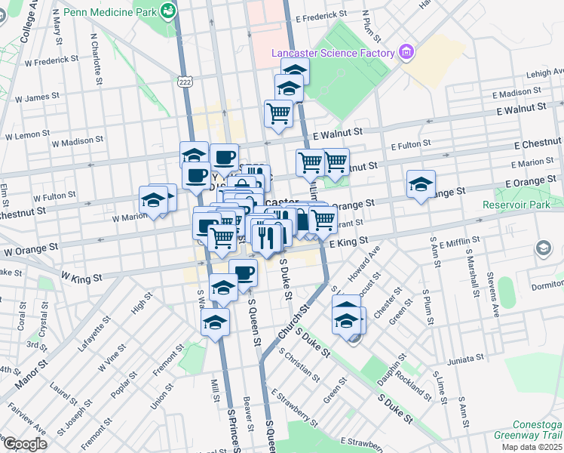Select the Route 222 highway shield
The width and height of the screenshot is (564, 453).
point(184,79)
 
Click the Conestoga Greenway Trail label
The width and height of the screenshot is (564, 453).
point(528,430)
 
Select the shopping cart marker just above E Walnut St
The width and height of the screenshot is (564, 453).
point(278,113)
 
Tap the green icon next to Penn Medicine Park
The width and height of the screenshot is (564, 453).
point(171,11)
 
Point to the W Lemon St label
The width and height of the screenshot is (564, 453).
point(27,135)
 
